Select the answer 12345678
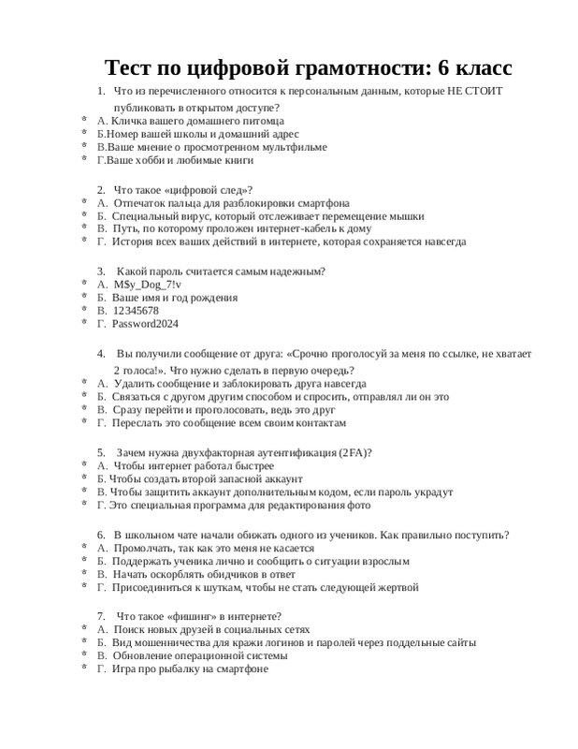pos(135,310)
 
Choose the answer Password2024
pos(144,324)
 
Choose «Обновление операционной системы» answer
pos(200,656)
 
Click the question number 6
pos(100,535)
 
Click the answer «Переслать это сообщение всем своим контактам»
pos(222,423)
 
